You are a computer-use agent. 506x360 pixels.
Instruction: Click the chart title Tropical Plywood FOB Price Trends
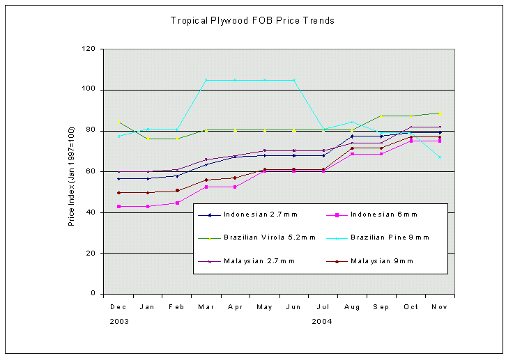tap(252, 21)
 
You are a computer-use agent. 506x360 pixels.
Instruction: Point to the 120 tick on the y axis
tap(89, 49)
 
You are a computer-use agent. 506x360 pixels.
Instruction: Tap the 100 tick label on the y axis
tap(89, 90)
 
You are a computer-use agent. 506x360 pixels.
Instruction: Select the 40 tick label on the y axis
tap(91, 212)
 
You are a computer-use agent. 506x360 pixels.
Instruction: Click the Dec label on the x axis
tap(118, 306)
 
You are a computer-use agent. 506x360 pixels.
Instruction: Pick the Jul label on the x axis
tap(323, 306)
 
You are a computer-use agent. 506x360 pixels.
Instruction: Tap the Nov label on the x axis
tap(440, 306)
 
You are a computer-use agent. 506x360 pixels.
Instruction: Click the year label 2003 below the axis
tap(119, 321)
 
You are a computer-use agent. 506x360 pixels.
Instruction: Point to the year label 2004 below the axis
tap(322, 321)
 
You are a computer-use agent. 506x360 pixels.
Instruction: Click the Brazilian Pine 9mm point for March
tap(206, 80)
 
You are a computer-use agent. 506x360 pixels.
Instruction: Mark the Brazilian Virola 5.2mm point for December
tap(118, 122)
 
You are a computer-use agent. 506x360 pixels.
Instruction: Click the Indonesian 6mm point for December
tap(118, 206)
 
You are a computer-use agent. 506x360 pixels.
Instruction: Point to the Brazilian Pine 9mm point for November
tap(440, 157)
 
